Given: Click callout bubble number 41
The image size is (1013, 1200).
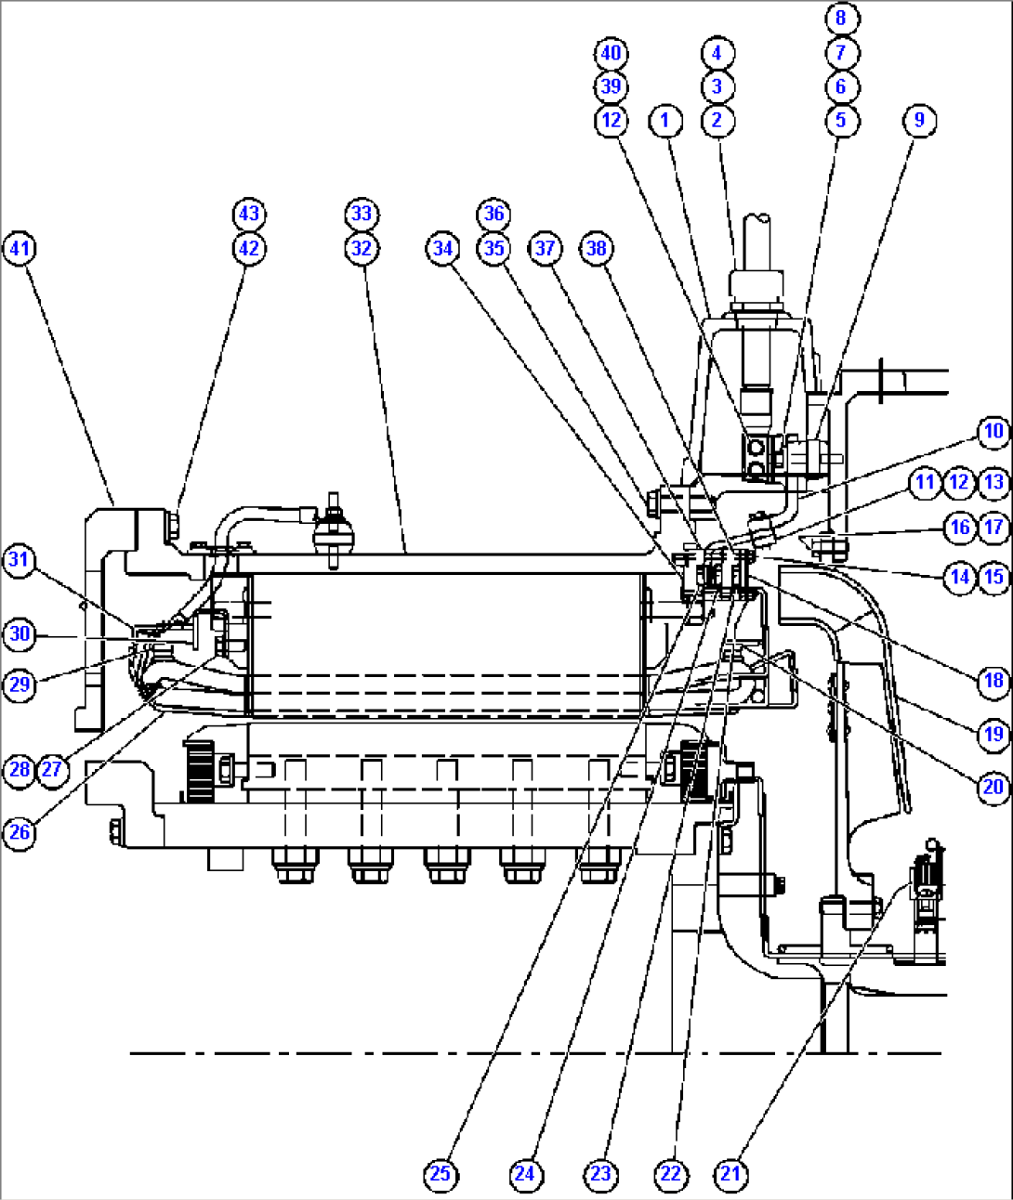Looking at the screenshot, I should pyautogui.click(x=20, y=249).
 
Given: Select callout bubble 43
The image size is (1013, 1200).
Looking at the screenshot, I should pyautogui.click(x=248, y=214).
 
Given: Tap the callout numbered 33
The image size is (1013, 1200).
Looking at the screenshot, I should pyautogui.click(x=362, y=214).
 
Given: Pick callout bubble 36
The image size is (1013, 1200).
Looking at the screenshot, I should pyautogui.click(x=493, y=214).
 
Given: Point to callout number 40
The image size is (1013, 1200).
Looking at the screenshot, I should pyautogui.click(x=611, y=53).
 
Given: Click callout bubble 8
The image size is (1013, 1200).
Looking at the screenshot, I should pyautogui.click(x=841, y=18).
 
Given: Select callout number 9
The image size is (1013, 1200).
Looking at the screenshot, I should pyautogui.click(x=919, y=120).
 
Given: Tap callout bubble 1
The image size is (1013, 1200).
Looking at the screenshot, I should pyautogui.click(x=664, y=120).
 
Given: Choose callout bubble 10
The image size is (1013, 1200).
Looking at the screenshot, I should pyautogui.click(x=993, y=431).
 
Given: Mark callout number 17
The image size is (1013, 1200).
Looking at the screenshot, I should pyautogui.click(x=993, y=528).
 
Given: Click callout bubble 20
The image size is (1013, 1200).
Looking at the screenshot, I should pyautogui.click(x=993, y=788).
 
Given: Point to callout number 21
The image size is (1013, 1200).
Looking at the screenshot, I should pyautogui.click(x=731, y=1174).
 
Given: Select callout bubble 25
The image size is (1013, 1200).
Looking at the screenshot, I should pyautogui.click(x=440, y=1174).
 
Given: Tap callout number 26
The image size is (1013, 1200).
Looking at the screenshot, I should pyautogui.click(x=20, y=832).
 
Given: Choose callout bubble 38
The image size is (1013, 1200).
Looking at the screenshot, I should pyautogui.click(x=596, y=249).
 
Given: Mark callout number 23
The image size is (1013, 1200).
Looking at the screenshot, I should pyautogui.click(x=600, y=1174).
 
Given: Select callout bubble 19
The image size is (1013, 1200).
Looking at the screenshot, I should pyautogui.click(x=993, y=734).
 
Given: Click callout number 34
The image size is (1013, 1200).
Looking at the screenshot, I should pyautogui.click(x=443, y=249).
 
